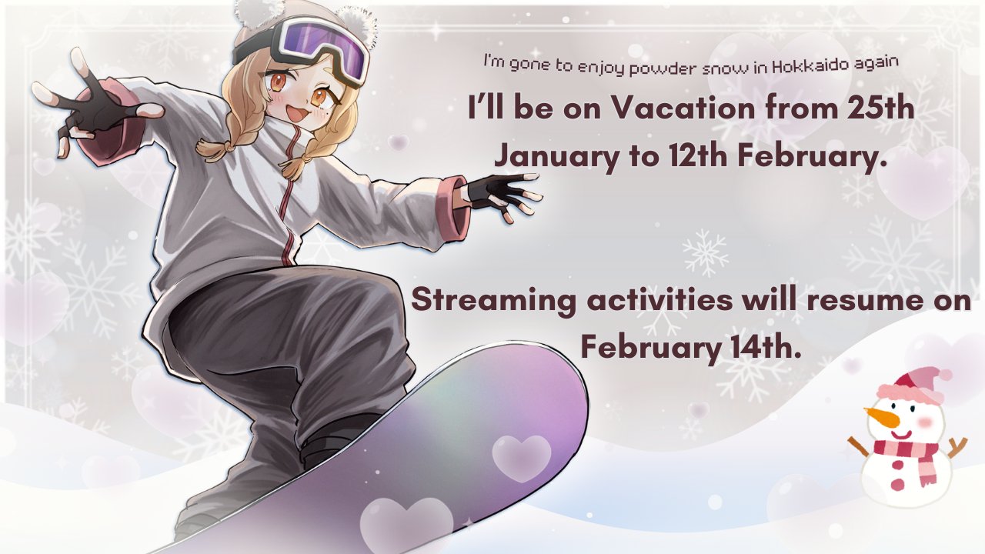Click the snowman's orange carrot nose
(881, 417)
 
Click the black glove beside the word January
(498, 192)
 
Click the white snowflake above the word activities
(705, 253)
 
